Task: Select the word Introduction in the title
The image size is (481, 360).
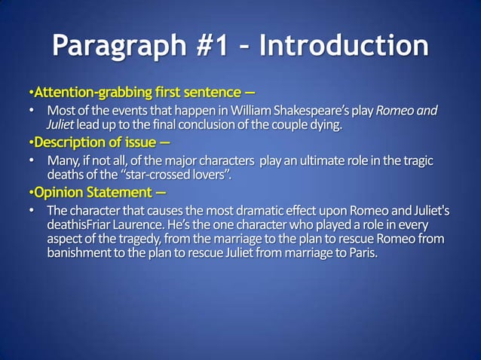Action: coord(344,46)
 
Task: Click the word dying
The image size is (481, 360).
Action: coord(325,125)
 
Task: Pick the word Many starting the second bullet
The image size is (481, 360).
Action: coord(61,161)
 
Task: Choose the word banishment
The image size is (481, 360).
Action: coord(81,253)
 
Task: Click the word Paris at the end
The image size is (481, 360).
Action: coord(361,253)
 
